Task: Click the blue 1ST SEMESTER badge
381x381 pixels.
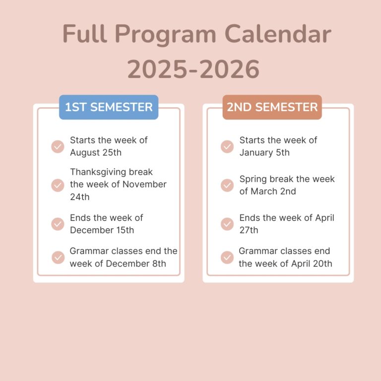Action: tap(109, 107)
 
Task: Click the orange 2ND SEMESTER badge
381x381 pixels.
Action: tap(272, 107)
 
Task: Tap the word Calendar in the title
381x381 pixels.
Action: tap(278, 34)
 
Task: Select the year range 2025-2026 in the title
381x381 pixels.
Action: tap(193, 69)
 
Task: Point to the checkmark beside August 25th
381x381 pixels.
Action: tap(58, 146)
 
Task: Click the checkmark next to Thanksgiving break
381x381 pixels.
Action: tap(58, 186)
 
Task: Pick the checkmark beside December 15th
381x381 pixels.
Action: tap(58, 224)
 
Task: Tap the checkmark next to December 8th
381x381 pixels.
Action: tap(58, 257)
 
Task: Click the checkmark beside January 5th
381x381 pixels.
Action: tap(227, 146)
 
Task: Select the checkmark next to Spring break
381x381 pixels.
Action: tap(227, 186)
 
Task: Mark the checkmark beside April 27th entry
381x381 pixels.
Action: tap(227, 224)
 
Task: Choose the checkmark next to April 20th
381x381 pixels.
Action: tap(227, 257)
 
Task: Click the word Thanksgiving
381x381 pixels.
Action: tap(98, 172)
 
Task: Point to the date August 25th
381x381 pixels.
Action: tap(96, 153)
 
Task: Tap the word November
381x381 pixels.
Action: tap(144, 184)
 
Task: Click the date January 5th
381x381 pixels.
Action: tap(264, 153)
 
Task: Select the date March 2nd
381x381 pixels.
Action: tap(273, 191)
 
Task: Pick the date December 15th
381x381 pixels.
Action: tap(102, 230)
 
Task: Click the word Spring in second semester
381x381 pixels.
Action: tap(253, 179)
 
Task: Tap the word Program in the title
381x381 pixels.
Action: tap(165, 35)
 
